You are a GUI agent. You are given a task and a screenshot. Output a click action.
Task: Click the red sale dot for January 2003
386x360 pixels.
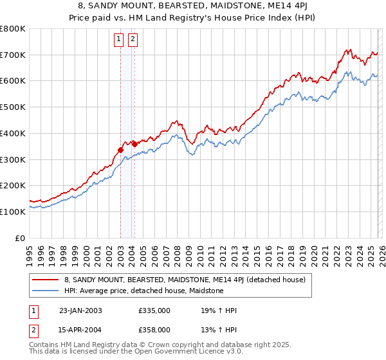[x=121, y=150]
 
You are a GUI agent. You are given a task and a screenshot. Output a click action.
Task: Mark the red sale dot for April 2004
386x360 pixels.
[x=134, y=145]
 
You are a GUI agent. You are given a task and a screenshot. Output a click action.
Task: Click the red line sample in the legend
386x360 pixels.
[x=46, y=280]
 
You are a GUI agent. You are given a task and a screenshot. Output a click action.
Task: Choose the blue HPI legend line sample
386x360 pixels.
[x=46, y=291]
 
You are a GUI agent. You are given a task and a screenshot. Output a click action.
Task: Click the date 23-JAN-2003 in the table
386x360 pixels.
[x=80, y=310]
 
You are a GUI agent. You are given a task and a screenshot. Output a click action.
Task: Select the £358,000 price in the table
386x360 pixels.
[x=154, y=329]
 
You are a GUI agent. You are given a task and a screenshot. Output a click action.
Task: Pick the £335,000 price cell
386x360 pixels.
[x=154, y=310]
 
